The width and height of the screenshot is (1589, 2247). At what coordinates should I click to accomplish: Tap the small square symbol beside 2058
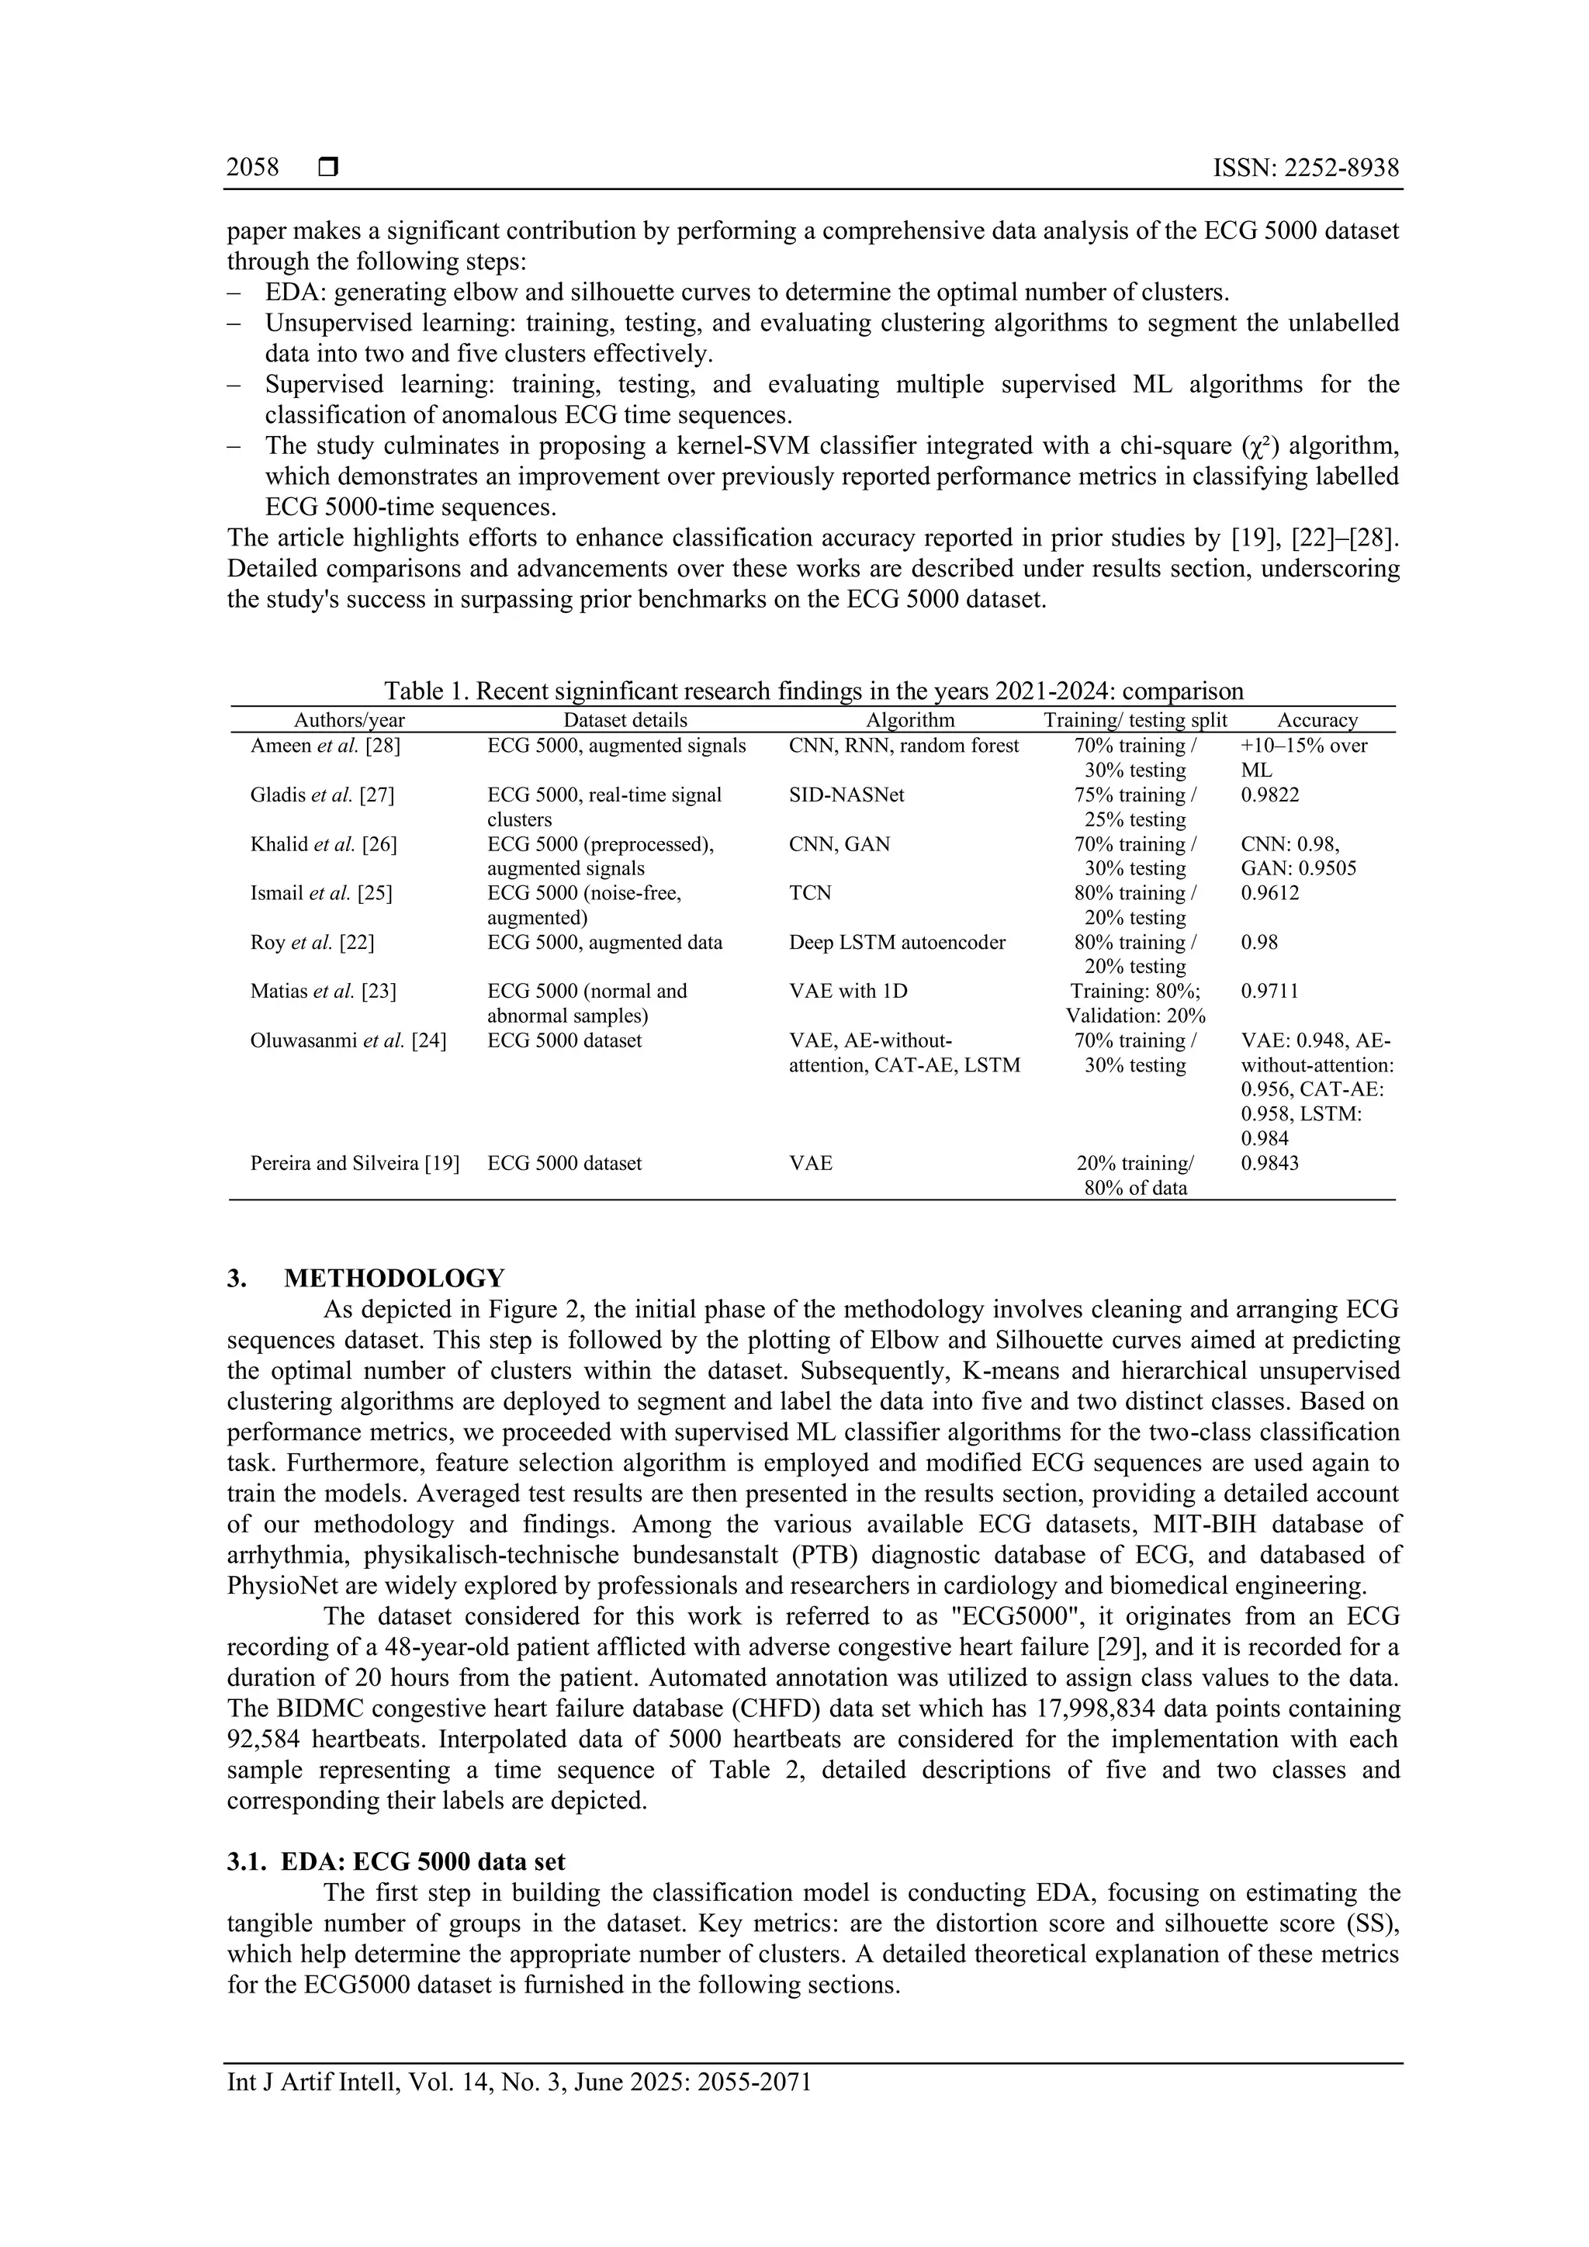tap(329, 168)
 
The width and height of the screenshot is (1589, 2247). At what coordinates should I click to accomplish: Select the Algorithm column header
tap(910, 720)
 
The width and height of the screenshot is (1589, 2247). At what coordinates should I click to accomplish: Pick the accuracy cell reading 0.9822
tap(1270, 795)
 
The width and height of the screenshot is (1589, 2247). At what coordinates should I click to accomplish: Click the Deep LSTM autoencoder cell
tap(897, 943)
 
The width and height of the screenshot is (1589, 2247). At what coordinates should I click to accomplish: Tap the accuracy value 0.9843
tap(1270, 1164)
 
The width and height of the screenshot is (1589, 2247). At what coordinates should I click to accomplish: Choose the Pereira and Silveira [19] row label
tap(355, 1164)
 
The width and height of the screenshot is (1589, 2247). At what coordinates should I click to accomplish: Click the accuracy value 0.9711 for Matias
tap(1270, 992)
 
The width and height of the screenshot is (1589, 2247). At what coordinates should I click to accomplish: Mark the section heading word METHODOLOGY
tap(394, 1278)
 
